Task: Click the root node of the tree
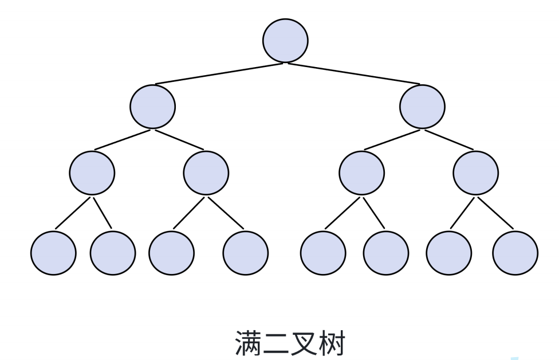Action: click(x=285, y=41)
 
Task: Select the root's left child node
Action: click(x=152, y=107)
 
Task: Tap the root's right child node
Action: click(x=422, y=107)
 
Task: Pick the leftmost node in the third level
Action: click(x=92, y=173)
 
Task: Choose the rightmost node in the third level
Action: click(x=475, y=173)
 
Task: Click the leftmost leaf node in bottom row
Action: click(x=53, y=253)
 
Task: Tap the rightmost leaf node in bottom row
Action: click(x=515, y=253)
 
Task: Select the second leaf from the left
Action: click(x=113, y=253)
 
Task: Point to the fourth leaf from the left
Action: click(x=245, y=253)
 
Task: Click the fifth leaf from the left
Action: click(x=323, y=253)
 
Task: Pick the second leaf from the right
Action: click(x=449, y=253)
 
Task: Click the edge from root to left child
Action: click(x=219, y=74)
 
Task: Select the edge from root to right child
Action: click(x=354, y=74)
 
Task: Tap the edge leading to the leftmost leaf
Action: click(x=73, y=213)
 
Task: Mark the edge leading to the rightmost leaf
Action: click(x=495, y=213)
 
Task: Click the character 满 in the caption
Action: click(x=248, y=343)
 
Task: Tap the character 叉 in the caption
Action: click(x=304, y=343)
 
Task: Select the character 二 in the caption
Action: click(x=276, y=343)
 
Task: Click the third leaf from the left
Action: click(x=171, y=253)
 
